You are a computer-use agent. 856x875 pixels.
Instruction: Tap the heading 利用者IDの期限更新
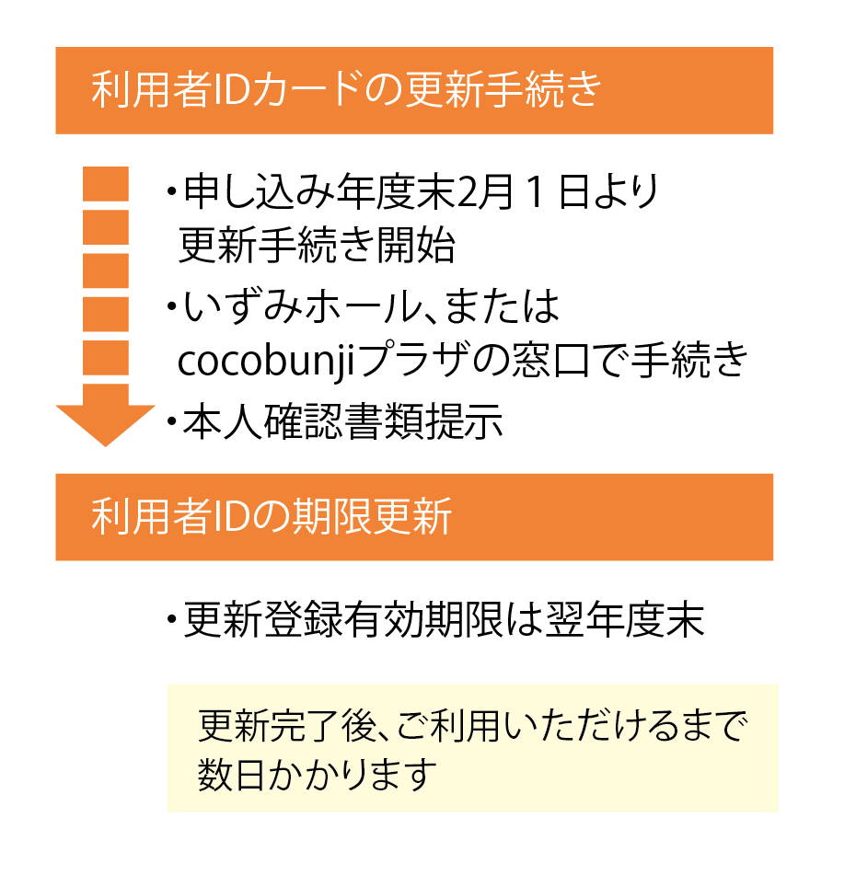click(x=272, y=518)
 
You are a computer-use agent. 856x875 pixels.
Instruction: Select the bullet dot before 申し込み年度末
click(x=171, y=192)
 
